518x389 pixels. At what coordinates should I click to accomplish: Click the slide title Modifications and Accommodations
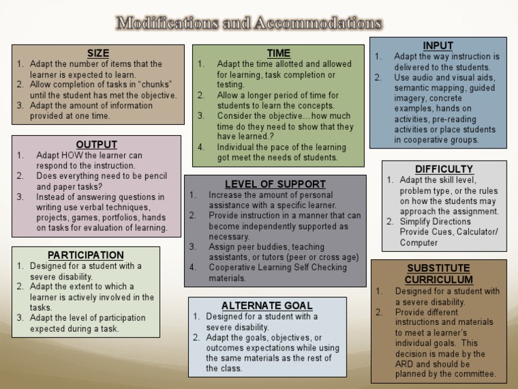coord(250,23)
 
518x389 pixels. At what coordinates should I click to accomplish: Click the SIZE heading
coord(98,53)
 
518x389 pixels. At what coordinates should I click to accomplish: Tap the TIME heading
coord(279,53)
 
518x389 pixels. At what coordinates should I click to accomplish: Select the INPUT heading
coord(438,46)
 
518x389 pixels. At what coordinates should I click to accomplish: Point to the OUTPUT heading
coord(96,145)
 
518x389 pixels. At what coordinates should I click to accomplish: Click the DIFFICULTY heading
coord(444,169)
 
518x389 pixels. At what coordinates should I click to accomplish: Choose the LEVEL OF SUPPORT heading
coord(275,184)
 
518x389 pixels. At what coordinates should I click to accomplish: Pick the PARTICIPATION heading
coord(86,255)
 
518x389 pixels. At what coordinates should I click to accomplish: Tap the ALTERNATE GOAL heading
coord(262,305)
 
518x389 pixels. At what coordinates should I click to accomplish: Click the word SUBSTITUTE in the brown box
coord(438,268)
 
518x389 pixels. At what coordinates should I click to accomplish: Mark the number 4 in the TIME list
coord(200,147)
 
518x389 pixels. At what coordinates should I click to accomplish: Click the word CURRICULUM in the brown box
coord(438,280)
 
